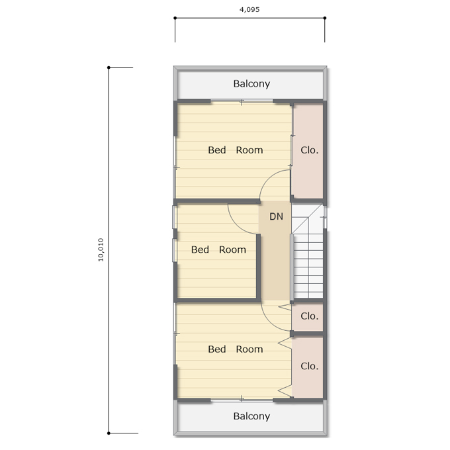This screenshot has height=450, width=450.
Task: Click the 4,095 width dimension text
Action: [249, 9]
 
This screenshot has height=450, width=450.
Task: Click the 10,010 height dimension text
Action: [101, 249]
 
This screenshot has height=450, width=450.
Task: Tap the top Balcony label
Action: [251, 84]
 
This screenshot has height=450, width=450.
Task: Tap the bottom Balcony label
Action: [251, 416]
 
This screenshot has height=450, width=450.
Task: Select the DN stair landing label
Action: [276, 216]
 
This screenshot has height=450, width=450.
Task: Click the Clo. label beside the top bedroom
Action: [310, 150]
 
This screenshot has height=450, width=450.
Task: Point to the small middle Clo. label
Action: [310, 316]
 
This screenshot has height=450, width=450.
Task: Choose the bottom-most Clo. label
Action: [310, 366]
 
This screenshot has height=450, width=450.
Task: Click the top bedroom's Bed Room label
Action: [236, 150]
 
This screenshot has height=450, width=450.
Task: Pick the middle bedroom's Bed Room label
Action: [218, 249]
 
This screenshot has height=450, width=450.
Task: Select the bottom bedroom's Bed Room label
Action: [236, 349]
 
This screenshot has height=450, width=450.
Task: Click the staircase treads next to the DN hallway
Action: [308, 266]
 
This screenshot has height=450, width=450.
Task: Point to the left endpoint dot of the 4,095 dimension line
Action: [175, 18]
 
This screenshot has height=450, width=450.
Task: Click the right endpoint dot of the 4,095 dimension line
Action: [325, 18]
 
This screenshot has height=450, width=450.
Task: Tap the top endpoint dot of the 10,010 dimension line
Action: [109, 67]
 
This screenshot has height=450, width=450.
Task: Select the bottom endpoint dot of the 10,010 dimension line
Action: [109, 433]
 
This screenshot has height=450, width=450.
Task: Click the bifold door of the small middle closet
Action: [285, 307]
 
